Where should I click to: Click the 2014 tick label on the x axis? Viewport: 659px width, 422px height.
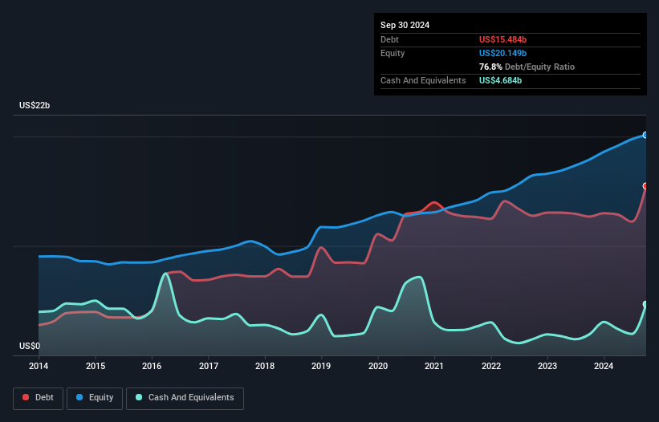[39, 367]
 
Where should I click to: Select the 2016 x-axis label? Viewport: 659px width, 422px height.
[152, 367]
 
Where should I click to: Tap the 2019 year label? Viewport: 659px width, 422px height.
[321, 367]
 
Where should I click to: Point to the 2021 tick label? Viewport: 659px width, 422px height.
[434, 367]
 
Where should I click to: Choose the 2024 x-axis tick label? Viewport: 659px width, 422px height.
[604, 367]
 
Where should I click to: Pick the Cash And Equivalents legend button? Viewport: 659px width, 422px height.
[185, 398]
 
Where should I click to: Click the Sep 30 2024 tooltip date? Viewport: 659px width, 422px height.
[405, 25]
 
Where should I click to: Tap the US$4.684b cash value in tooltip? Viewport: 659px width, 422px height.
[501, 80]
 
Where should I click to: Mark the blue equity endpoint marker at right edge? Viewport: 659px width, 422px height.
[645, 135]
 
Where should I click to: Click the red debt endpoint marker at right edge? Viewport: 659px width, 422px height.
[645, 186]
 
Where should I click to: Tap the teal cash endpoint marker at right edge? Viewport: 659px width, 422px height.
[645, 304]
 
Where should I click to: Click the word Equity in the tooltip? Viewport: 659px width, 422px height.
[393, 53]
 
